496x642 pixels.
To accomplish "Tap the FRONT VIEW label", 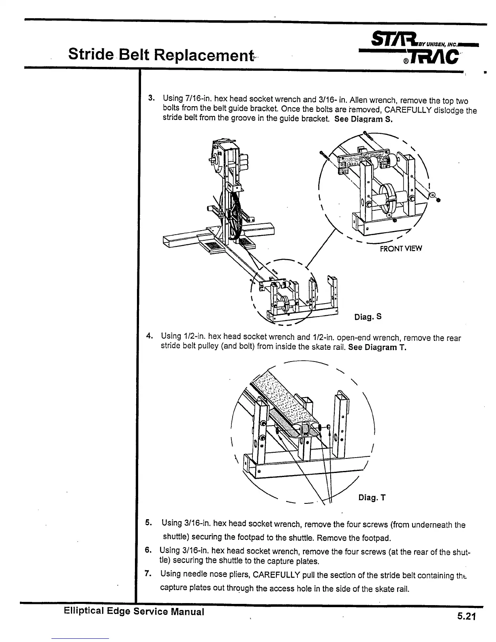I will pos(400,248).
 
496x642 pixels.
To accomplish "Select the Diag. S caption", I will pos(368,317).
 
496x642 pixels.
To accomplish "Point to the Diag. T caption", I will pos(372,498).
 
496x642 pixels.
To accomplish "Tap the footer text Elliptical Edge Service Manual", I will pos(134,612).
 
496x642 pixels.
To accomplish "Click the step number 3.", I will pos(150,98).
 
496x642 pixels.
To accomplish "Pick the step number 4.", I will pos(149,336).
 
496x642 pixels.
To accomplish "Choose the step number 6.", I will pos(148,550).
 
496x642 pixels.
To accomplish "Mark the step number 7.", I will pos(148,574).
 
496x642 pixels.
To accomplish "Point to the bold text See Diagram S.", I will pos(363,120).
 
